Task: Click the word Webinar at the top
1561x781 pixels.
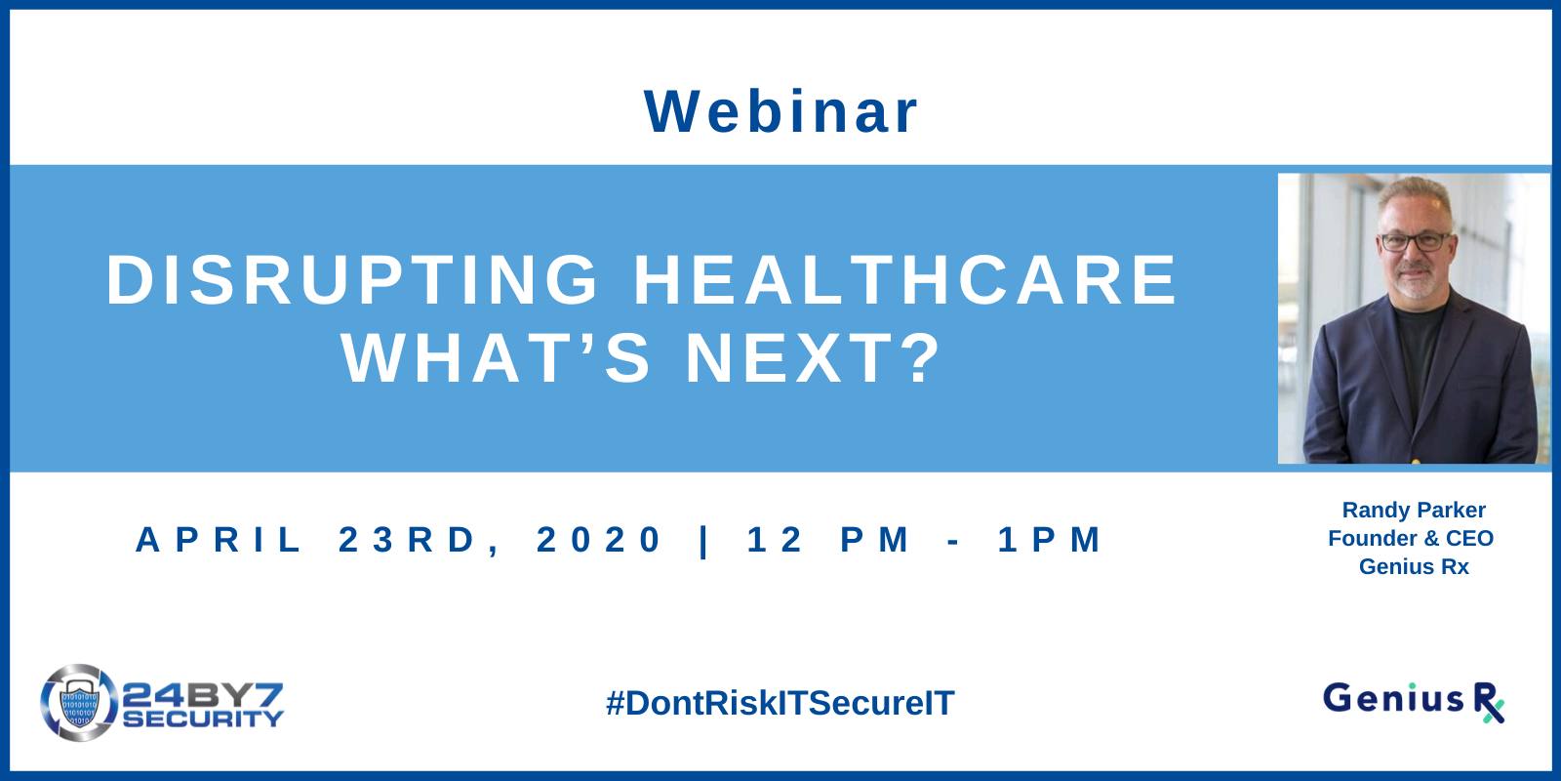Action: tap(780, 111)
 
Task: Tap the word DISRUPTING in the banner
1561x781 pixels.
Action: tap(352, 279)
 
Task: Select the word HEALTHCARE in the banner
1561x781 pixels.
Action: tap(904, 279)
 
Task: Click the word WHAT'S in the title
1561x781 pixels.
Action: tap(496, 358)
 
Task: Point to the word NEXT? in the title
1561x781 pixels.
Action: tap(814, 358)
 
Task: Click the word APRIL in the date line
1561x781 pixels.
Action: tap(218, 540)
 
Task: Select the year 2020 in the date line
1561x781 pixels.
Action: tap(599, 540)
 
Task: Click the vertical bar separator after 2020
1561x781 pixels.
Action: tap(703, 541)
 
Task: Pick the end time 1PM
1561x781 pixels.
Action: tap(1049, 540)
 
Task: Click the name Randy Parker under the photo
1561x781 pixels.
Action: tap(1414, 510)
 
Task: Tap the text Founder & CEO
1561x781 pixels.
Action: tap(1411, 538)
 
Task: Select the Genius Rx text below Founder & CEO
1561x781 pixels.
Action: tap(1414, 566)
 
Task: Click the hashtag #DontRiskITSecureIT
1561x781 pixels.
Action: tap(780, 703)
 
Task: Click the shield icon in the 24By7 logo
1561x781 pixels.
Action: tap(79, 703)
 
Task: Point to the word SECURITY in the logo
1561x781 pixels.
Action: tap(204, 719)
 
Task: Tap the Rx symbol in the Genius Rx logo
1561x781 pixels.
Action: tap(1489, 703)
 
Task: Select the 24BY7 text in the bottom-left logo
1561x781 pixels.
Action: tap(202, 695)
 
